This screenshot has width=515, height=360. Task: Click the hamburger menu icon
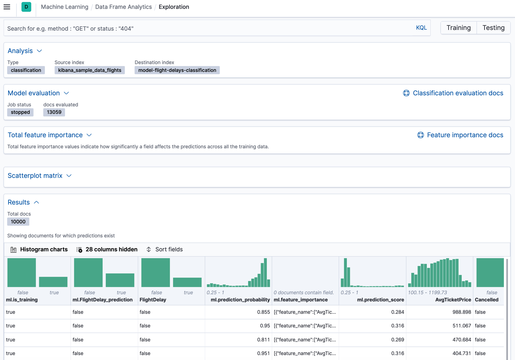(7, 7)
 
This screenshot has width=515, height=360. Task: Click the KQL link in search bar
(421, 28)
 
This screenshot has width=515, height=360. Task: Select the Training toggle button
(458, 28)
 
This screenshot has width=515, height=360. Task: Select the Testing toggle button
(493, 28)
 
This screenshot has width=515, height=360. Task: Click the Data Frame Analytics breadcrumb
(123, 7)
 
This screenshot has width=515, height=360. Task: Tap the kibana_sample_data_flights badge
(89, 70)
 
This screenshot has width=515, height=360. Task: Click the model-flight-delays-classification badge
(177, 70)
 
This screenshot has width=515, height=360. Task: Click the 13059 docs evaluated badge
(54, 112)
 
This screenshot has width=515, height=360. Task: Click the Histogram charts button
(39, 249)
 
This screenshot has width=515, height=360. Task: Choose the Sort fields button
(165, 249)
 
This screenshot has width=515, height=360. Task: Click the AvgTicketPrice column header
(453, 300)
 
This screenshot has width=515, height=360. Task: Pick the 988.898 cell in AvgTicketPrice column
(461, 312)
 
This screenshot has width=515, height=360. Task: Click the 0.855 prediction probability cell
(263, 312)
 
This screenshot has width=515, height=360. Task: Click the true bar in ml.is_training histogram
(53, 282)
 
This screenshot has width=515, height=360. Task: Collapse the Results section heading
(23, 202)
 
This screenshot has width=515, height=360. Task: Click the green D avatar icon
(26, 7)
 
